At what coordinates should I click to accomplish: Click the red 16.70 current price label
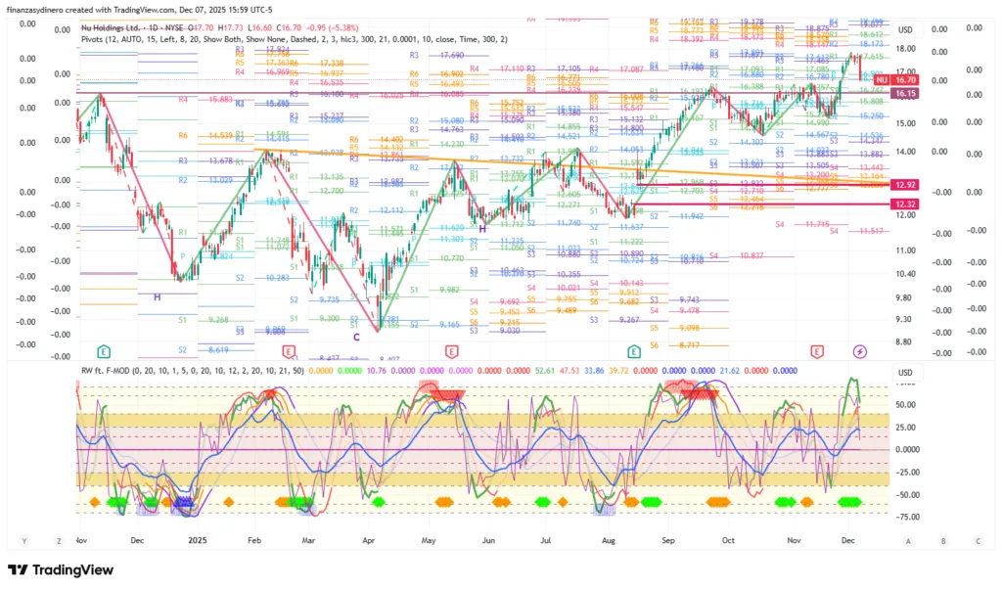[905, 80]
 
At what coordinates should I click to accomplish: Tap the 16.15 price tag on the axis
[905, 93]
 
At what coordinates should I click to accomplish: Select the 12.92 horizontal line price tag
[905, 184]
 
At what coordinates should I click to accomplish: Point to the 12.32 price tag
[905, 203]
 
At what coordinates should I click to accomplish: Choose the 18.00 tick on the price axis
[905, 49]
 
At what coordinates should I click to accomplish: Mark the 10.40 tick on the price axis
[905, 274]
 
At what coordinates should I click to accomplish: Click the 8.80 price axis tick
[905, 341]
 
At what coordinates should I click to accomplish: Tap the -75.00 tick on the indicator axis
[905, 518]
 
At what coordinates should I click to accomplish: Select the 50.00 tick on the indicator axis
[905, 403]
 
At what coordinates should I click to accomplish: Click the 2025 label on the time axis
[199, 540]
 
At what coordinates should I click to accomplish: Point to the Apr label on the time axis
[369, 540]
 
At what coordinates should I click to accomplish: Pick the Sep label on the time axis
[669, 540]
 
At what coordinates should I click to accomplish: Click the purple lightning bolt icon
[860, 351]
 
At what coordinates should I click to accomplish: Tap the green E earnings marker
[104, 351]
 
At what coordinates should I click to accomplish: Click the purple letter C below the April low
[370, 338]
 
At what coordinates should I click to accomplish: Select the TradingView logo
[61, 570]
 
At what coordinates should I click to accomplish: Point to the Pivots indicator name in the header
[96, 38]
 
